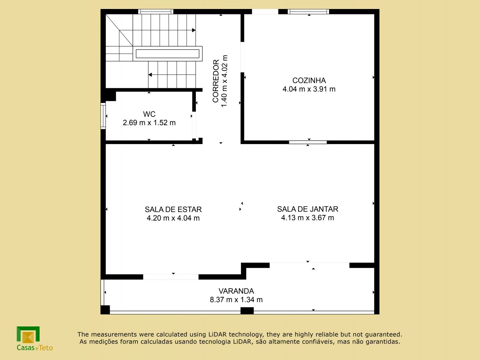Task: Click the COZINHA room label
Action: point(309,80)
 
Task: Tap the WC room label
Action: point(149,114)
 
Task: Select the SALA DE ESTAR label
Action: point(173,210)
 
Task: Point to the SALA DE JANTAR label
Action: point(308,209)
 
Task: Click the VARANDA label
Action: point(236,291)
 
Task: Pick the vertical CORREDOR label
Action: point(216,81)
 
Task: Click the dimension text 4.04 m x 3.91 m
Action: point(309,89)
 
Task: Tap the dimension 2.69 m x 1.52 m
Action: point(149,123)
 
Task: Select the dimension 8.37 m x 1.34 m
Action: point(236,300)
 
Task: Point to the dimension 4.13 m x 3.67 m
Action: point(308,218)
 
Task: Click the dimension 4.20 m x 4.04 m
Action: point(173,218)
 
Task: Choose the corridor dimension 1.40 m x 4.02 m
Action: point(225,81)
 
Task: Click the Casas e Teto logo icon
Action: point(28,335)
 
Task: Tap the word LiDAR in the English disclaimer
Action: point(217,334)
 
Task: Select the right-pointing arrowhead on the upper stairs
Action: point(194,30)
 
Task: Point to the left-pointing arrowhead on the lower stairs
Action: point(150,75)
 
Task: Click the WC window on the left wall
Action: point(103,116)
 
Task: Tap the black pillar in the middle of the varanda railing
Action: point(247,311)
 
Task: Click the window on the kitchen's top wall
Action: point(308,12)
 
